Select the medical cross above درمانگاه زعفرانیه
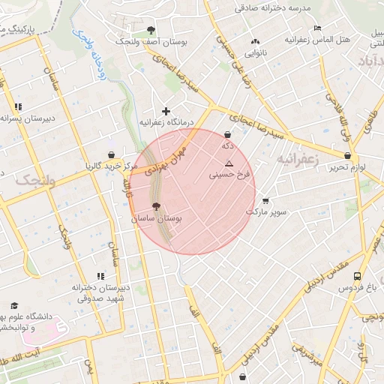[166, 111]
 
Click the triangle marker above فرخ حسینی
[229, 163]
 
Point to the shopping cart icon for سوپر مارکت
[266, 201]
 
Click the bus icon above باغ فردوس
[357, 276]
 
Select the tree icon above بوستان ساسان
[156, 207]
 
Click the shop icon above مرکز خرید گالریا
[112, 154]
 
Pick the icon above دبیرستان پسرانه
[16, 107]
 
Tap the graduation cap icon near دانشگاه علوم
[13, 305]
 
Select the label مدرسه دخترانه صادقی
[272, 7]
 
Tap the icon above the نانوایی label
[256, 42]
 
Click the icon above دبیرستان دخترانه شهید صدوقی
[112, 277]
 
